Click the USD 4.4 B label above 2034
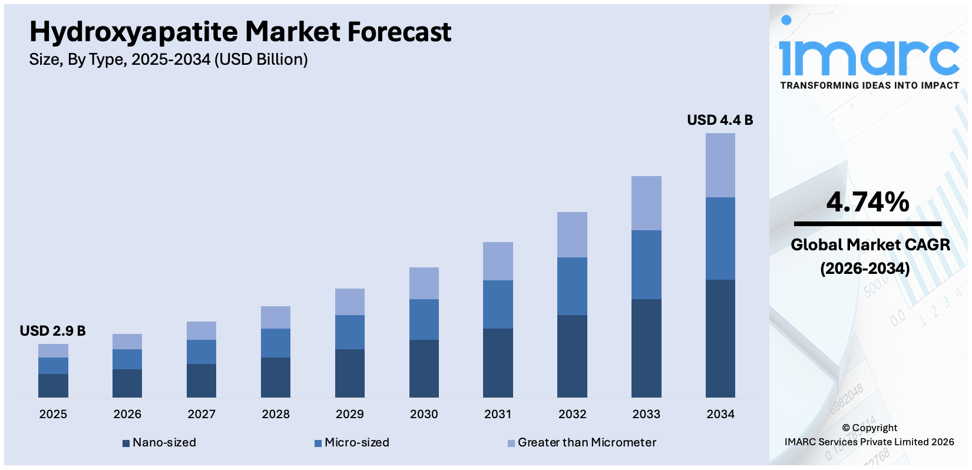720,120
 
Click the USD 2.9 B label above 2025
52,331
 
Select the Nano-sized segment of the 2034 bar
720,338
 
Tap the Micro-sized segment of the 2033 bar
646,264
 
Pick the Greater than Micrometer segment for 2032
572,234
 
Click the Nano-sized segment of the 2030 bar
424,368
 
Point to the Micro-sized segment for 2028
276,343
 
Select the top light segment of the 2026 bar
127,342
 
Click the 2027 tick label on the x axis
201,414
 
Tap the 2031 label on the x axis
498,414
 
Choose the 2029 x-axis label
350,414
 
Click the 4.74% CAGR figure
868,202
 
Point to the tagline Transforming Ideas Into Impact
869,85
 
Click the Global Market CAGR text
870,245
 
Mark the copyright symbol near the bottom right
846,428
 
